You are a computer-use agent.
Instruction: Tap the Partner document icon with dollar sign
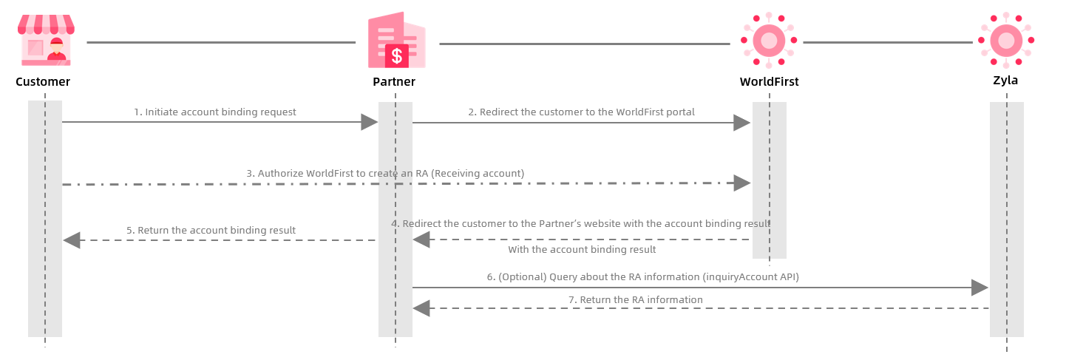(x=397, y=41)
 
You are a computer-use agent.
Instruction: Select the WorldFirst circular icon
(x=769, y=41)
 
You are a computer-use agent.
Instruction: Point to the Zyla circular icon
(x=1005, y=41)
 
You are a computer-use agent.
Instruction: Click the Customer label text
(x=43, y=81)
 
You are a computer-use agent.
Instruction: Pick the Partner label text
(x=394, y=81)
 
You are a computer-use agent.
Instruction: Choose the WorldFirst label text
(x=769, y=81)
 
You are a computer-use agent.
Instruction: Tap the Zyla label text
(x=1005, y=81)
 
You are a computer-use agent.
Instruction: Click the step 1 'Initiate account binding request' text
(x=215, y=112)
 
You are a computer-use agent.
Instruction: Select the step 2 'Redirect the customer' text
(x=581, y=112)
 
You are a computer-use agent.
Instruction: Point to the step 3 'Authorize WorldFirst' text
(x=385, y=174)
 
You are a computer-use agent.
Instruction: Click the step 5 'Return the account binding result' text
(x=211, y=231)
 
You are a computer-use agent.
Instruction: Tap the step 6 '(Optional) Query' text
(x=642, y=277)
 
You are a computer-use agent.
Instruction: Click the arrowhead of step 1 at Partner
(x=369, y=123)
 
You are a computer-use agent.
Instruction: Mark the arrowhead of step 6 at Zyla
(x=980, y=288)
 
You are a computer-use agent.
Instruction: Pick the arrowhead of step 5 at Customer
(x=72, y=240)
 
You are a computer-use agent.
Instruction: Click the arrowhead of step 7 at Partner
(x=421, y=308)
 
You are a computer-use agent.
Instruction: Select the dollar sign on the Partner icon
(x=397, y=55)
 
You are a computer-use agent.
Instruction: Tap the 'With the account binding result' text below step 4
(x=582, y=250)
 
